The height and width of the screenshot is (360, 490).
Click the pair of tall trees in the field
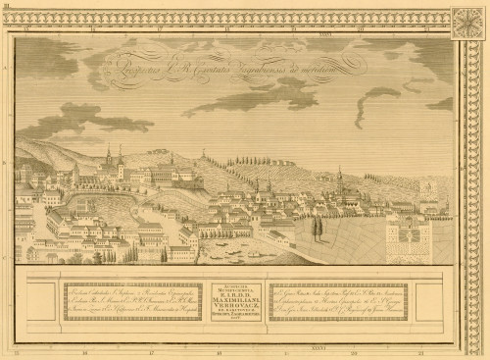316,229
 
